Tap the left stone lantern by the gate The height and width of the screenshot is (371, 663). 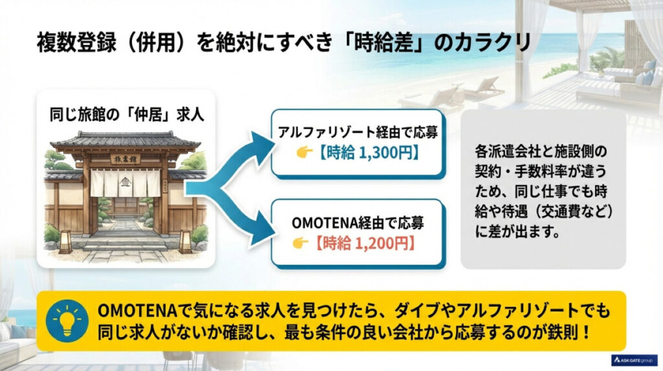click(65, 241)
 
